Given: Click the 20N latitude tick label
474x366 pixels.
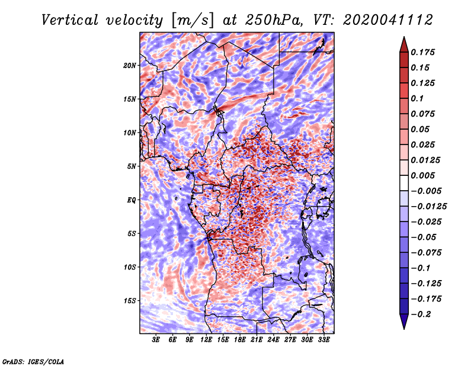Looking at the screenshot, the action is (129, 66).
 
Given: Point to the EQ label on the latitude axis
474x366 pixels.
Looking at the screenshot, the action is (131, 200).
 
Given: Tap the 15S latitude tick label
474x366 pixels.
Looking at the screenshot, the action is (130, 301).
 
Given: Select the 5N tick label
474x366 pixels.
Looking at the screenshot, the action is (132, 166).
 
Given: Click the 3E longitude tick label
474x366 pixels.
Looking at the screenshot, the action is (156, 340).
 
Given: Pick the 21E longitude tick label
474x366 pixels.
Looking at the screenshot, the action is (257, 340).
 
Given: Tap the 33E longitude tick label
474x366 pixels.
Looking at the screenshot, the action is (324, 340).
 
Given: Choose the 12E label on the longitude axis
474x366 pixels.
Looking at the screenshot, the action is (206, 340).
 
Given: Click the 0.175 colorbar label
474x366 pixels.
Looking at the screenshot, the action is (422, 52).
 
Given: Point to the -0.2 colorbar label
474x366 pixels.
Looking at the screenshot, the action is (421, 314).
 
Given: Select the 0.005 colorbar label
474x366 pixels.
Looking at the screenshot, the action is (422, 175).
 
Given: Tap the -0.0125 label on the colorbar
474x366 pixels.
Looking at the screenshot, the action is (428, 207).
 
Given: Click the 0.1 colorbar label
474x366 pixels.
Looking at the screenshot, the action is (417, 98).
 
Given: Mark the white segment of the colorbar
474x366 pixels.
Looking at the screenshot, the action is (404, 183).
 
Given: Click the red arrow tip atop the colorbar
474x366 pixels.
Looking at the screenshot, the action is (404, 37).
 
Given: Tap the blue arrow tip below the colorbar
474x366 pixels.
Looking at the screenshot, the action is (404, 329).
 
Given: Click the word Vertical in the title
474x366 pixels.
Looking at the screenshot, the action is (70, 20).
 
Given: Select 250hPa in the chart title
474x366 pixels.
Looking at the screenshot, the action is (273, 20).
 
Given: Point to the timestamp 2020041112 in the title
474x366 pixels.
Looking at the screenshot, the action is (388, 20).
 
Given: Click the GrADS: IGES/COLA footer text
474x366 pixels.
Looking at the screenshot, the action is (33, 361).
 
